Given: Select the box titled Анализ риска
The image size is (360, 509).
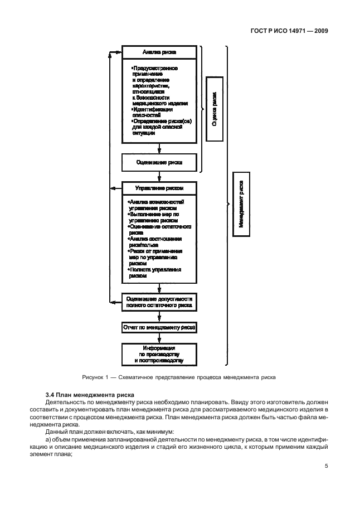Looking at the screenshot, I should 159,52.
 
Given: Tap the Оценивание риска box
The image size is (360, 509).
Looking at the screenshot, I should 159,162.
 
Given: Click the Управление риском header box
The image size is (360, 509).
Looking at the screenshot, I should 159,188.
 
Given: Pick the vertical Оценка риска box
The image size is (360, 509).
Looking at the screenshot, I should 215,109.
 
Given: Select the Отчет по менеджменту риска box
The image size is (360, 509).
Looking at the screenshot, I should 159,328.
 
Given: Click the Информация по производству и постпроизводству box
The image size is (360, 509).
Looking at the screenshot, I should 159,354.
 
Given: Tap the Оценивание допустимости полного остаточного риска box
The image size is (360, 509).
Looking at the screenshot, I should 159,302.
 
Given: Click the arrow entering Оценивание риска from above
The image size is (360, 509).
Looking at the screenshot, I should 159,149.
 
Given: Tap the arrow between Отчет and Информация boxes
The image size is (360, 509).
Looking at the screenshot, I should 159,339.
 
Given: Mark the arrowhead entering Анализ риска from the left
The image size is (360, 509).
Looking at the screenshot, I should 118,52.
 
